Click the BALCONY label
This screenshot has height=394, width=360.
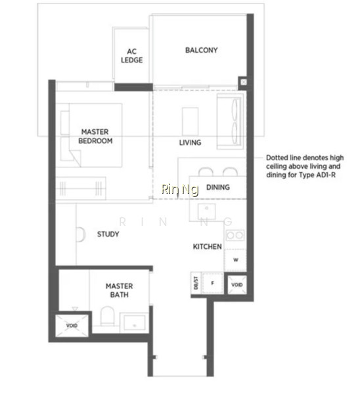coord(202,51)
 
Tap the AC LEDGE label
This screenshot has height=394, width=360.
coord(132,56)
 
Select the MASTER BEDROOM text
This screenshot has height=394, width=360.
coord(95,136)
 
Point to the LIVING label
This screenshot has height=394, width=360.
coord(190,142)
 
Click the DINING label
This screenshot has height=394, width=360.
coord(218,187)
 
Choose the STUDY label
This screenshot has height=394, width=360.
coord(108,234)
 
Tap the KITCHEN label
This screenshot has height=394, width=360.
coord(207,246)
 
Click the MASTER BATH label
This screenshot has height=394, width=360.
coord(120,290)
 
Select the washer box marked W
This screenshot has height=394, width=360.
coord(235,260)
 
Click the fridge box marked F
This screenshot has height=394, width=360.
coord(213,283)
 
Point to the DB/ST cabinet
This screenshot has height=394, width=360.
coord(196,283)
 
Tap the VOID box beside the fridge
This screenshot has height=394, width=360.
coord(237,285)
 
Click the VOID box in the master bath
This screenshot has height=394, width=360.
coord(72,326)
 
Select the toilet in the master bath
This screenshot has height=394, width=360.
coord(107,316)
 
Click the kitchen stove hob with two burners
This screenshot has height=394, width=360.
coord(235,236)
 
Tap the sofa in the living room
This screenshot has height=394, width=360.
coord(230,121)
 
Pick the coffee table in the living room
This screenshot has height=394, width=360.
coord(190,121)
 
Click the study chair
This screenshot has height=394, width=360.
coord(81,234)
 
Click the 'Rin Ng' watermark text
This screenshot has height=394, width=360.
coord(180,189)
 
